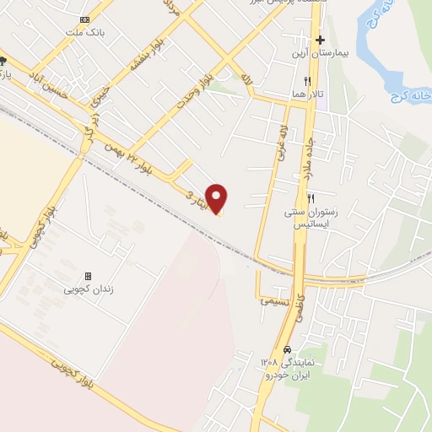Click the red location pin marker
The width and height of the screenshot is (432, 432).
point(218,198)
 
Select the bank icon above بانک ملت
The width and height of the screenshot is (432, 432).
point(84,19)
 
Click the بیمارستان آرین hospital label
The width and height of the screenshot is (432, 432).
point(318,54)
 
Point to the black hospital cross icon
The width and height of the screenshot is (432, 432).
point(320,40)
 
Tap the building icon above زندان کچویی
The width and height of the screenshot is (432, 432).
point(87,276)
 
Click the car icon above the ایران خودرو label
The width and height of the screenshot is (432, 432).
point(288,349)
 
